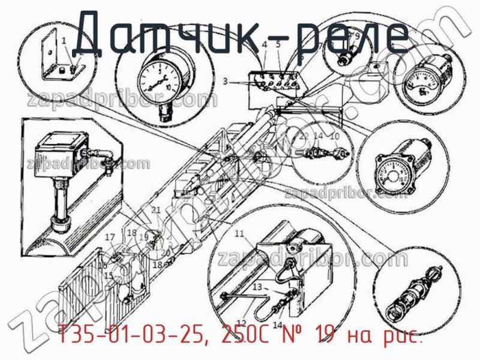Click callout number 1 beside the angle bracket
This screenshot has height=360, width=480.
(64, 40)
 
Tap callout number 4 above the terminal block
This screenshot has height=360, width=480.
(265, 46)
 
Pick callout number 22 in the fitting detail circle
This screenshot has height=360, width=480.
(304, 136)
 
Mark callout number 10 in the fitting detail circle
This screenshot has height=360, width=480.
(335, 136)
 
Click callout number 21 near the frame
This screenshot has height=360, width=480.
(156, 210)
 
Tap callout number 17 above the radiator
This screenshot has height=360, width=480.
(110, 238)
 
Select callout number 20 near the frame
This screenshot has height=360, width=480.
(166, 251)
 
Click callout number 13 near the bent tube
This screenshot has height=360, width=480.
(257, 287)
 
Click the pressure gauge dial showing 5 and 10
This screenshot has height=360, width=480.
(157, 82)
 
